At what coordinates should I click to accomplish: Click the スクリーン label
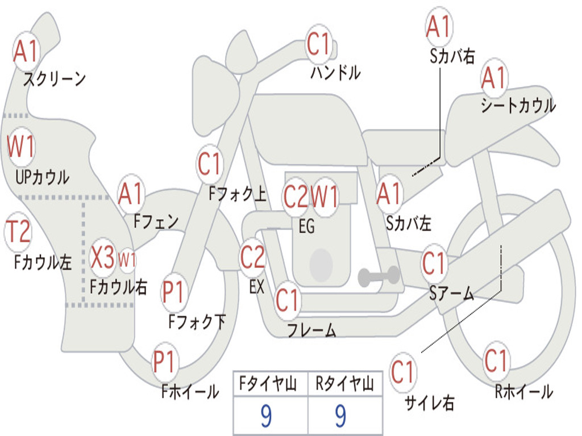(x=55, y=78)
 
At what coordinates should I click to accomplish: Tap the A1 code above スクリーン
(x=26, y=51)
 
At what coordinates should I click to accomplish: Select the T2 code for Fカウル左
(x=18, y=232)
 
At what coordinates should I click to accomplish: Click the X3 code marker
(x=103, y=257)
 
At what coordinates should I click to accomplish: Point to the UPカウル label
(x=42, y=177)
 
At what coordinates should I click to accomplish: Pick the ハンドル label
(x=335, y=72)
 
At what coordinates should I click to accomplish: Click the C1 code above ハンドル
(x=319, y=44)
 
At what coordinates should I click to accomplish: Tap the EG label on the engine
(x=306, y=226)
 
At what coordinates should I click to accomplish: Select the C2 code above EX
(x=253, y=257)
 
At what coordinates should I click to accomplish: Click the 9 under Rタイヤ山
(x=340, y=416)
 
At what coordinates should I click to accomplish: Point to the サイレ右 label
(x=429, y=403)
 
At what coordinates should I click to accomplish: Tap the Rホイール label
(x=523, y=392)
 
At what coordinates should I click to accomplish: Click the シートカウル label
(x=518, y=105)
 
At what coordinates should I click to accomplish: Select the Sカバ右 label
(x=452, y=56)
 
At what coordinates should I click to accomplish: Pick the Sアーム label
(x=451, y=293)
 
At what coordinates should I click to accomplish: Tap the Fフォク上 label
(x=238, y=194)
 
